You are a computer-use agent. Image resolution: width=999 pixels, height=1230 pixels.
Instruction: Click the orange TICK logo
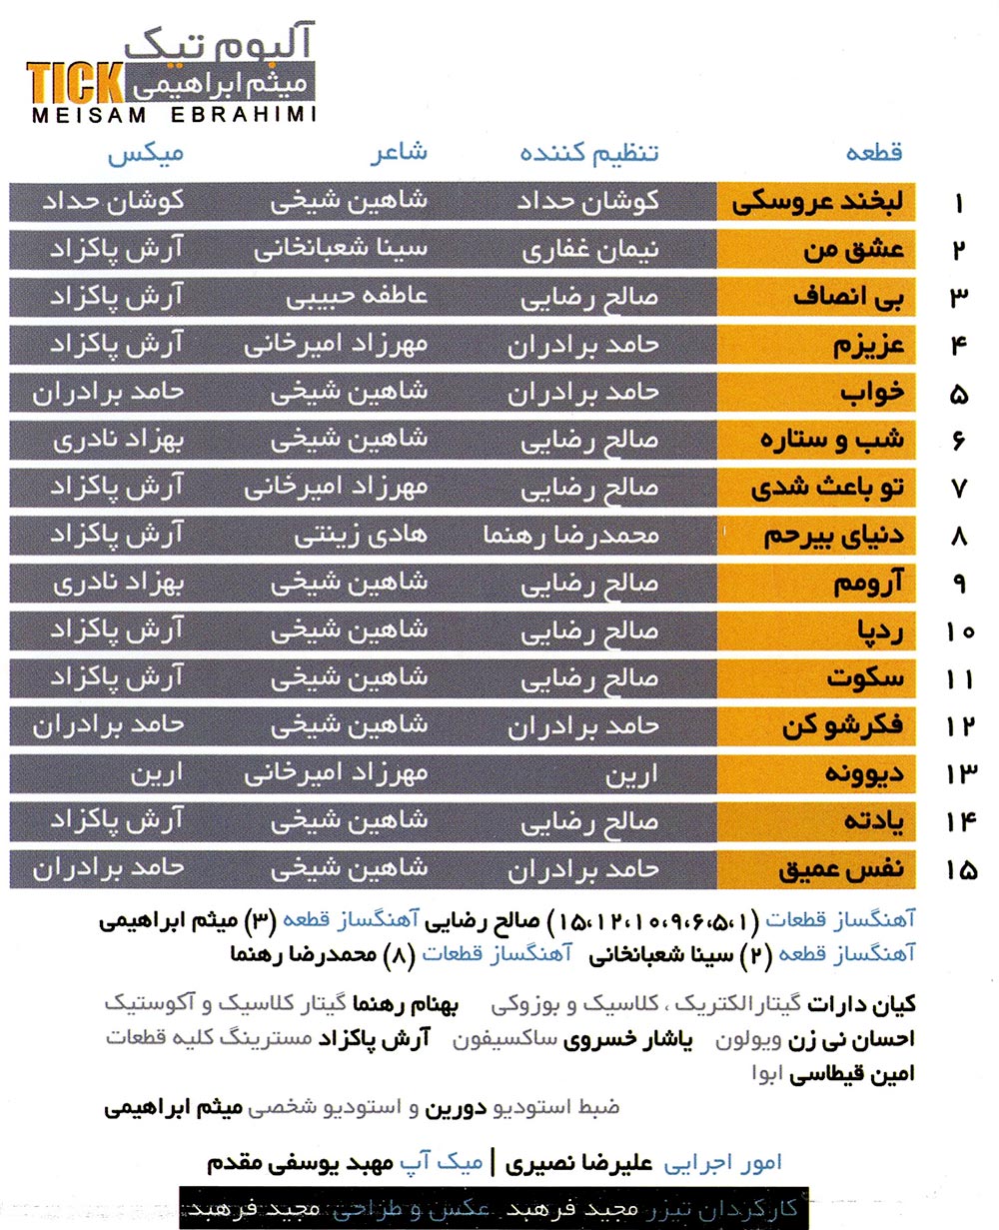[72, 81]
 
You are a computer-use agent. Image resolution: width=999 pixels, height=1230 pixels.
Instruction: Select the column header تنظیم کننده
[588, 154]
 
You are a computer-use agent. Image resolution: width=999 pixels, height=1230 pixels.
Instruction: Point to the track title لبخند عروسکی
[818, 202]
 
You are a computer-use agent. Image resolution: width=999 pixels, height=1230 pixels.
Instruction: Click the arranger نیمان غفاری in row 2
[590, 250]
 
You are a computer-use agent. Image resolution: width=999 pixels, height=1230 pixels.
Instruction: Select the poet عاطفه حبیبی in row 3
[357, 297]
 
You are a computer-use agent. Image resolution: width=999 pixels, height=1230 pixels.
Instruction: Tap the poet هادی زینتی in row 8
[361, 536]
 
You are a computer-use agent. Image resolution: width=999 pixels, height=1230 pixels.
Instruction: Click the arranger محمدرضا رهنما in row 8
[570, 536]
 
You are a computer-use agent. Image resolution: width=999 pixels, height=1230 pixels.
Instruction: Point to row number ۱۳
[959, 774]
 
